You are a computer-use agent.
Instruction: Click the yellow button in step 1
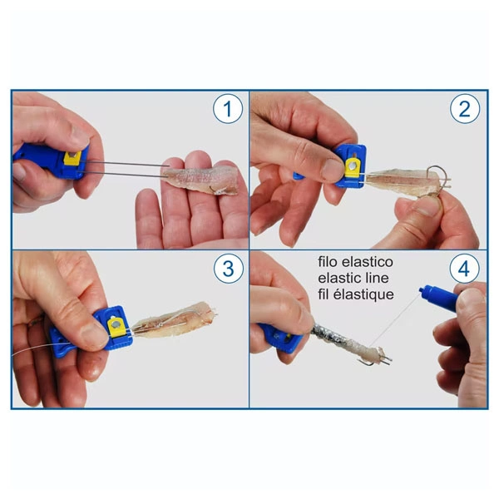pos(76,158)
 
